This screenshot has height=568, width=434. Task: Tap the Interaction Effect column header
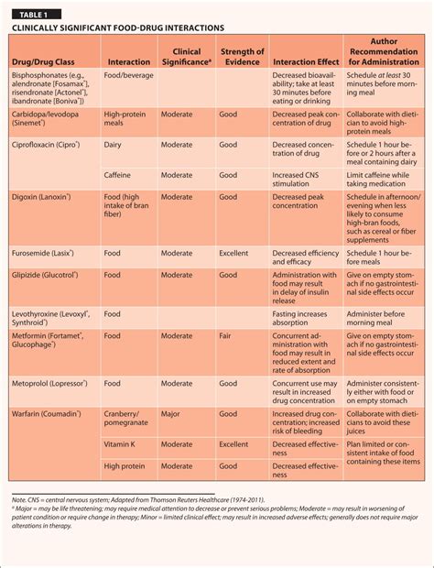coord(305,61)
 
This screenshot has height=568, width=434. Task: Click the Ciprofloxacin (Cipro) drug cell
coord(46,145)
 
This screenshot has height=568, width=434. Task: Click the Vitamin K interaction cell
coord(123,444)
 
